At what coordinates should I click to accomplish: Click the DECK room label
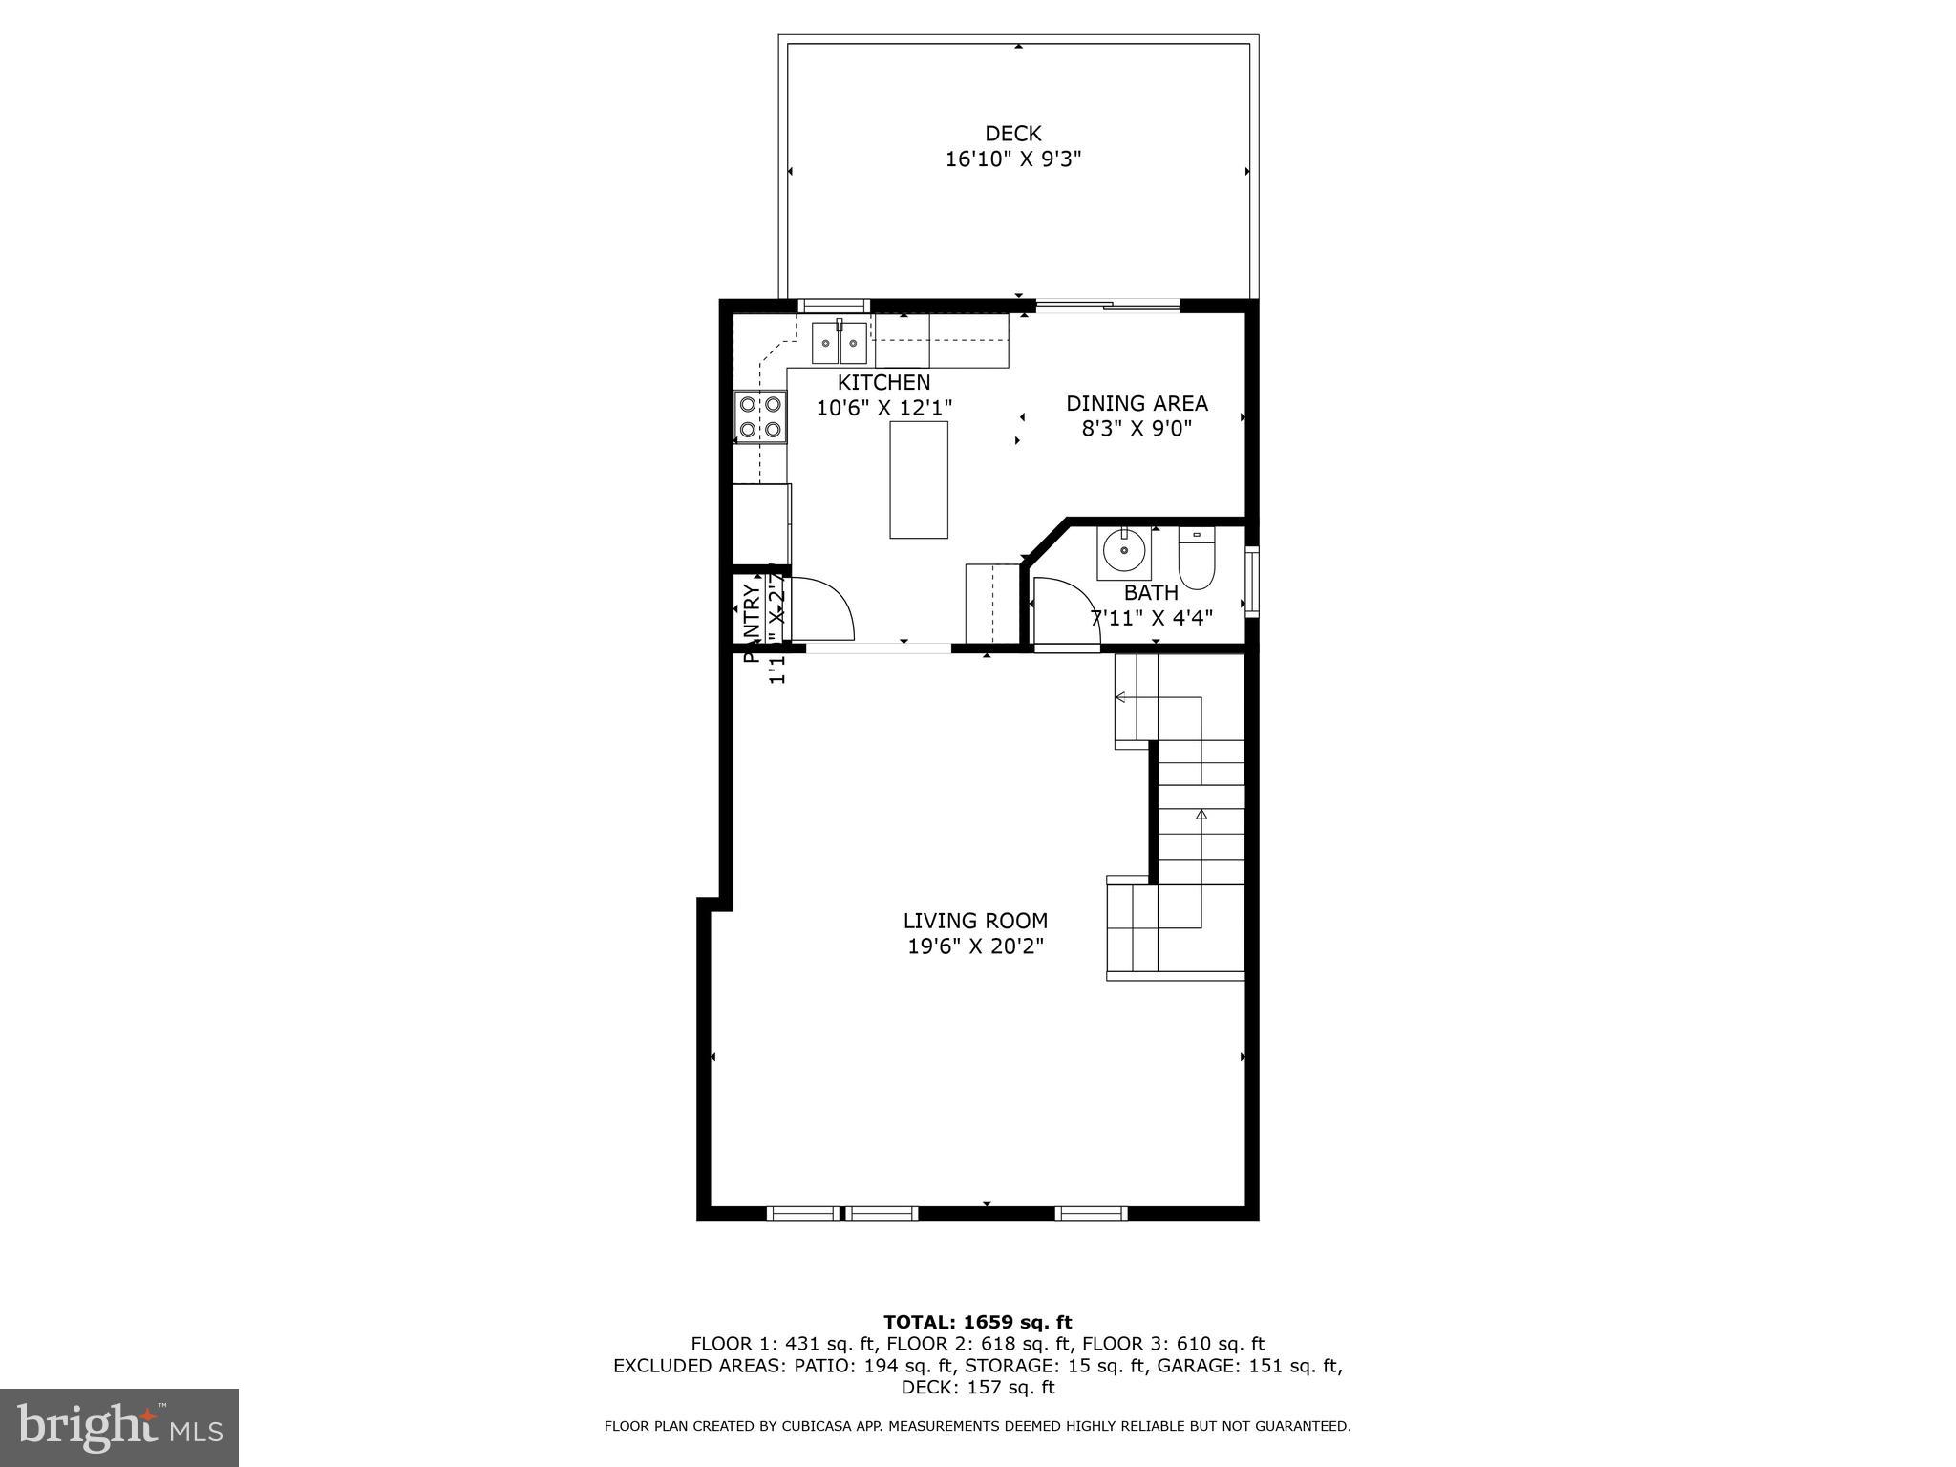click(x=1012, y=134)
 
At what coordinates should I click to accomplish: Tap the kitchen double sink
click(x=840, y=344)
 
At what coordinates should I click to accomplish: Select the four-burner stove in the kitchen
click(x=760, y=417)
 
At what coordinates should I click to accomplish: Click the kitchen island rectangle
click(x=919, y=479)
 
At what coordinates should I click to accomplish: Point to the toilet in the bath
click(x=1196, y=561)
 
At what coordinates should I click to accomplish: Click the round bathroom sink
click(x=1123, y=552)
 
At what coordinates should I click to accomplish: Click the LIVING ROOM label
click(x=975, y=921)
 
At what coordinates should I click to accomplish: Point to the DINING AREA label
click(x=1137, y=403)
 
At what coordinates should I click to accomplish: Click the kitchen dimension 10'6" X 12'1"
click(x=884, y=408)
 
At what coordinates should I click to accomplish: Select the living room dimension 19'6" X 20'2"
click(x=975, y=946)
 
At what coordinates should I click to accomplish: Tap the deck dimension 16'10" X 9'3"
click(x=1012, y=159)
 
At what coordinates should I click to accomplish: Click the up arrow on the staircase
click(x=1201, y=816)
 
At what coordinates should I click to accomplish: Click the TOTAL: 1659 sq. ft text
click(x=977, y=1322)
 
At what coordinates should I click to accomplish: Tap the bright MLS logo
click(x=119, y=1427)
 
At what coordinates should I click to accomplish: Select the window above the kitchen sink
click(x=834, y=306)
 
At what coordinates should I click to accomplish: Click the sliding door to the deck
click(x=1108, y=306)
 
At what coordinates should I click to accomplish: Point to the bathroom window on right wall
click(x=1252, y=581)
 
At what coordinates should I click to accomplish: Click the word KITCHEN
click(x=883, y=382)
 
